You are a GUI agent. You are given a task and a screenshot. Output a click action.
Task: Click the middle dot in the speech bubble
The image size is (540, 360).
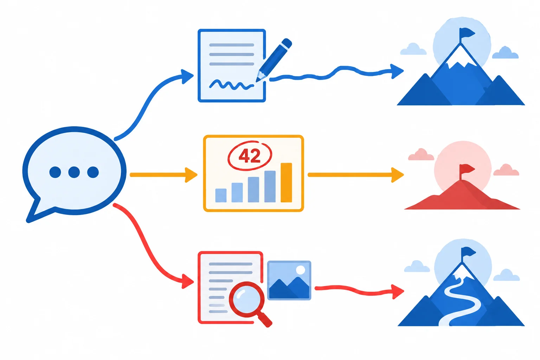[x=74, y=172]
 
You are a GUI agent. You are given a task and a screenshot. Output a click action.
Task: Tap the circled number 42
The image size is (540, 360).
[x=250, y=155]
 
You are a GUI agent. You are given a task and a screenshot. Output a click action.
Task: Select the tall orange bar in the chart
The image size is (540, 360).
[x=287, y=182]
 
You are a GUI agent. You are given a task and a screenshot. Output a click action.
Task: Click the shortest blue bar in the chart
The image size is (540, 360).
[x=221, y=195]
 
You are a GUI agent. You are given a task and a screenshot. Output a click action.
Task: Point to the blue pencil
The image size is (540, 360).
[x=274, y=60]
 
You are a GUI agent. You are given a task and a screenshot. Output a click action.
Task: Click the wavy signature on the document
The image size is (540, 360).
[x=231, y=85]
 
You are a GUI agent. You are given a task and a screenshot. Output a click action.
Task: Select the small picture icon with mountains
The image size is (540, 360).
[x=289, y=281]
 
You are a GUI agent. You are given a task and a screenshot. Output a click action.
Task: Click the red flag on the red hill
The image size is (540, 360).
[x=467, y=168]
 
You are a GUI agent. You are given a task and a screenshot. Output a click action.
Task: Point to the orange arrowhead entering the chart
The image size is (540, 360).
[x=191, y=175]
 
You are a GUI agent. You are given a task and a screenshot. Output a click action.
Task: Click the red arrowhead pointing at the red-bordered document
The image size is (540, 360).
[x=188, y=281]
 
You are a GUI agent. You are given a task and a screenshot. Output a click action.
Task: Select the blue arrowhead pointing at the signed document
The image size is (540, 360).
[x=187, y=76]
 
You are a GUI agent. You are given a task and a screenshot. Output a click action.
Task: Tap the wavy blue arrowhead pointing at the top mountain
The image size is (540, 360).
[x=397, y=71]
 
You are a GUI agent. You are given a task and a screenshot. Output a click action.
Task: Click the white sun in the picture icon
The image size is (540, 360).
[x=300, y=270]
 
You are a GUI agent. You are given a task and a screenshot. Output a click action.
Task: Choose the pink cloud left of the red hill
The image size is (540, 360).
[x=421, y=154]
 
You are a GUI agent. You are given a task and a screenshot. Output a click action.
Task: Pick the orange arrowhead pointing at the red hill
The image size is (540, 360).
[x=398, y=175]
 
